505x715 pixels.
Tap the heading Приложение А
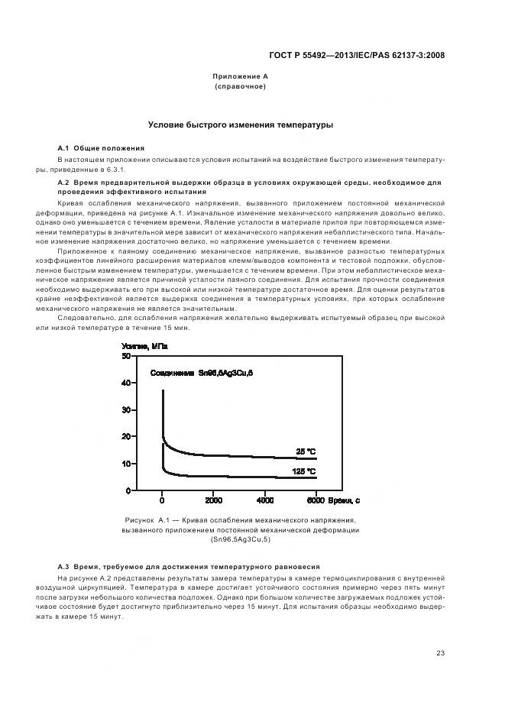[241, 77]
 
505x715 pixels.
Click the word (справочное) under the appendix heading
[241, 87]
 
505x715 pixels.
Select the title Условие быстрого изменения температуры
[241, 125]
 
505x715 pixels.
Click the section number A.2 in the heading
[64, 183]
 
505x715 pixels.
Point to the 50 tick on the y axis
[126, 356]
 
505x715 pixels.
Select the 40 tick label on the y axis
[126, 383]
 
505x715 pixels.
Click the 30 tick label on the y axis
[126, 410]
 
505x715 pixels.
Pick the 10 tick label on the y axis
[126, 464]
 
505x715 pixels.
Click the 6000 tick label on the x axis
[316, 501]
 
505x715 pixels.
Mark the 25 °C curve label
[306, 451]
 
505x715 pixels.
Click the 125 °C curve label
[304, 471]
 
